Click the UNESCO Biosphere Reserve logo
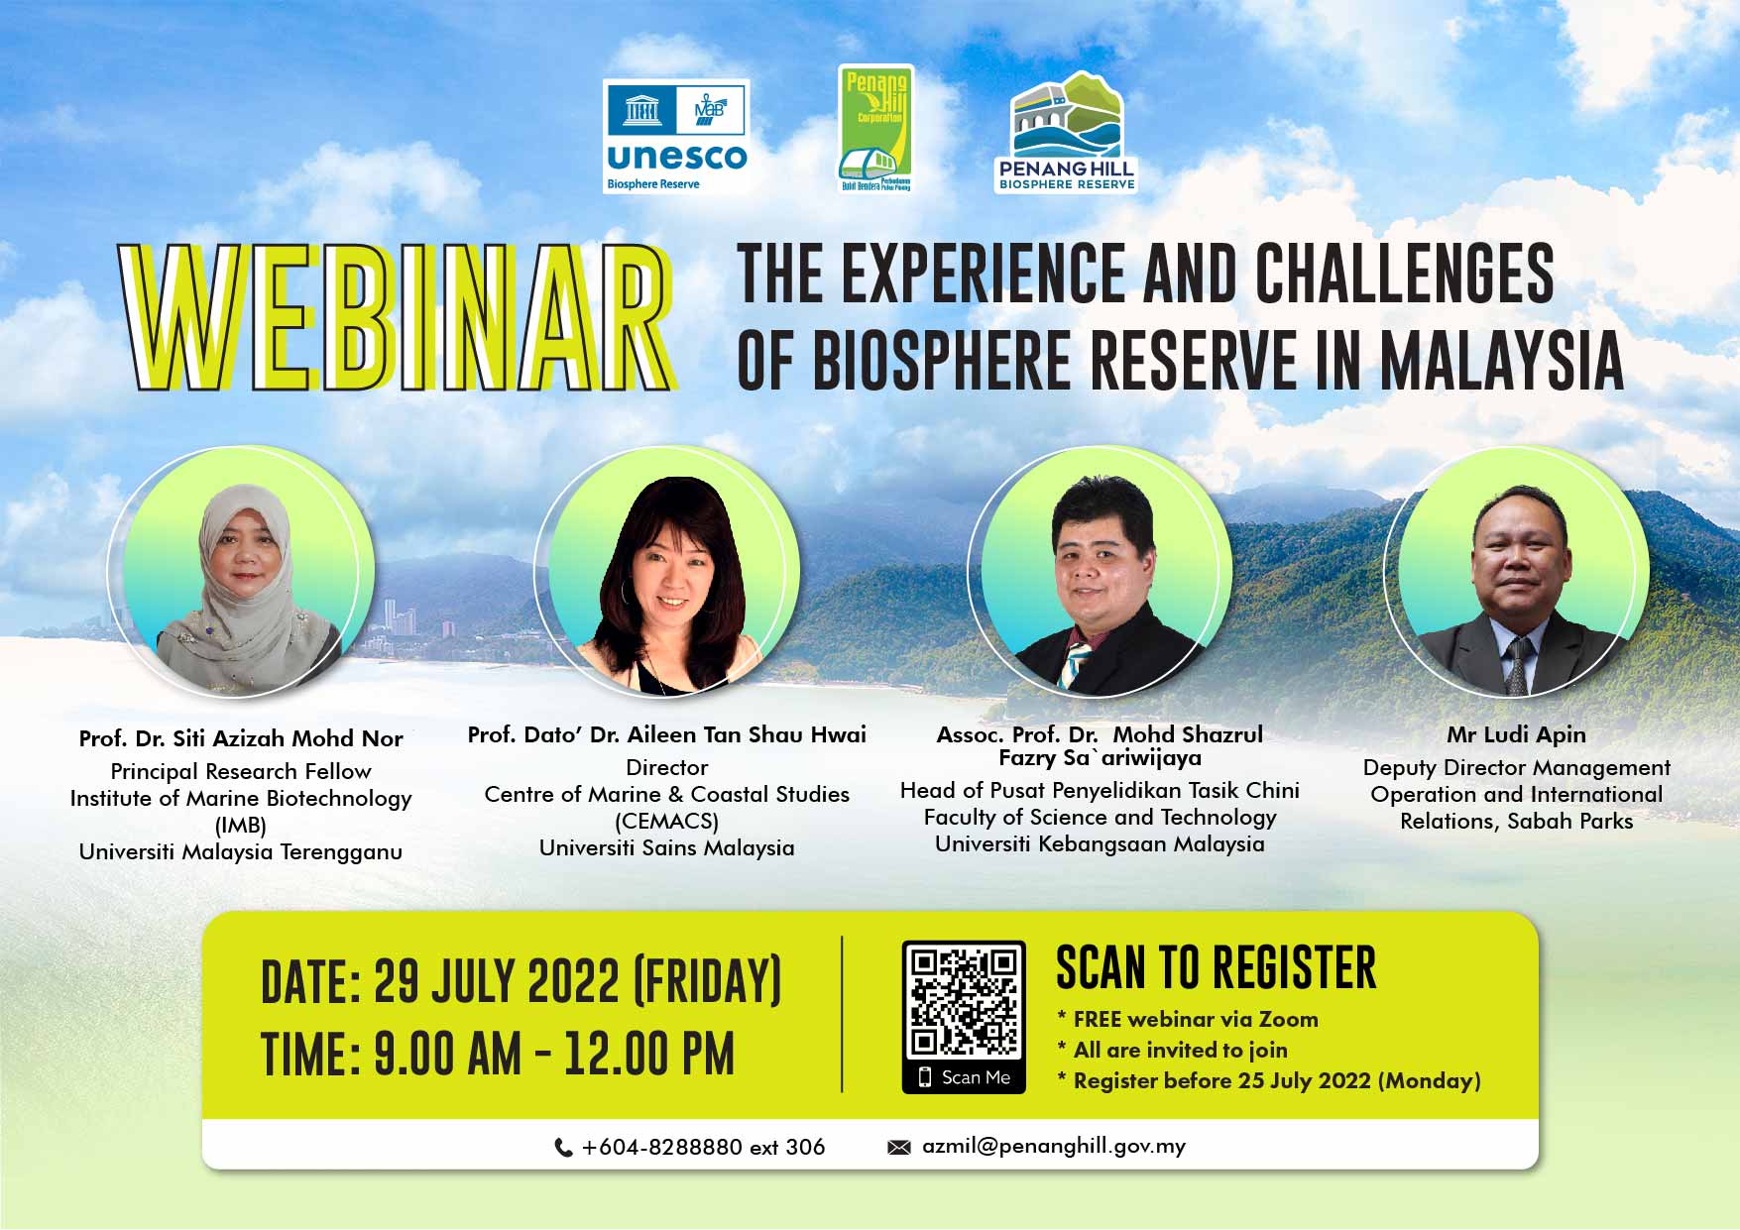[x=676, y=137]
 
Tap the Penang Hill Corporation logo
[x=875, y=129]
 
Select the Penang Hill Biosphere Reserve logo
[x=1067, y=131]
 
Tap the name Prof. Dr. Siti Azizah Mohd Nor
[x=241, y=738]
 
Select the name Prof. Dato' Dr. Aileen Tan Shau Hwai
[x=667, y=734]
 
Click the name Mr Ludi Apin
[x=1516, y=734]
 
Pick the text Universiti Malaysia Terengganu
[x=241, y=852]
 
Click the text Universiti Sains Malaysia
[x=667, y=848]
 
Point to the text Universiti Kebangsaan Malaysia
[x=1100, y=844]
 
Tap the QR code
[x=964, y=1001]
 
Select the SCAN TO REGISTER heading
[x=1217, y=968]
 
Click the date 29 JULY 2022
[x=497, y=982]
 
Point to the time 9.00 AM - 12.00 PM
[x=554, y=1054]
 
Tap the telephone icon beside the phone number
[x=563, y=1148]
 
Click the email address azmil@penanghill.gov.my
[x=1054, y=1147]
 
